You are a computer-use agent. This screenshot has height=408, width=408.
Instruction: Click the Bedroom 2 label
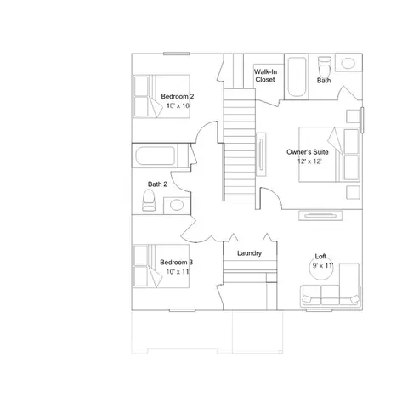[178, 96]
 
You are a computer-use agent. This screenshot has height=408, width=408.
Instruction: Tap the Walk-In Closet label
[265, 76]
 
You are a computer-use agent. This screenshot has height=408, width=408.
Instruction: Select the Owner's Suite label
[308, 152]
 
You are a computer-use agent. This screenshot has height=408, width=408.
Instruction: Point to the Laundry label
[249, 253]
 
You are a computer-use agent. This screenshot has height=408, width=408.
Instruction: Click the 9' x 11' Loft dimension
[323, 266]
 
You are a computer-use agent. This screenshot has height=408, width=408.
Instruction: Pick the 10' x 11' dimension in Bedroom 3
[178, 271]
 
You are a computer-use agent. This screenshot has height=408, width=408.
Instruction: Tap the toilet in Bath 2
[149, 200]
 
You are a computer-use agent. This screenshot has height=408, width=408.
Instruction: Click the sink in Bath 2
[177, 205]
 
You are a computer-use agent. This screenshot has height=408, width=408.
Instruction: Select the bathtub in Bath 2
[155, 156]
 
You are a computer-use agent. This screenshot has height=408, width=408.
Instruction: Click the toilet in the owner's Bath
[325, 65]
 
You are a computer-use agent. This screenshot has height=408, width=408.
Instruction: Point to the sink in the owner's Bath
[348, 63]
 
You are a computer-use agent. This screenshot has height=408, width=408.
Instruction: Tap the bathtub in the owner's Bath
[297, 77]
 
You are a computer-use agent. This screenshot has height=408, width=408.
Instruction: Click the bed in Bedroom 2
[161, 96]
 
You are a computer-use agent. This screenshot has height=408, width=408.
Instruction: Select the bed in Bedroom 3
[161, 266]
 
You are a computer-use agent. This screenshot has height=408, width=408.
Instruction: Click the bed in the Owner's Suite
[330, 155]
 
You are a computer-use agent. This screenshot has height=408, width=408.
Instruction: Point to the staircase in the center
[240, 144]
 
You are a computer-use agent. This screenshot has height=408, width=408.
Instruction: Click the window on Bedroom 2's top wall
[176, 54]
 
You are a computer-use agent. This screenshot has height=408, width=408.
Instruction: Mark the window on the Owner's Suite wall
[362, 120]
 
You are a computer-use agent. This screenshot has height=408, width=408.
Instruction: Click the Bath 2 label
[157, 184]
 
